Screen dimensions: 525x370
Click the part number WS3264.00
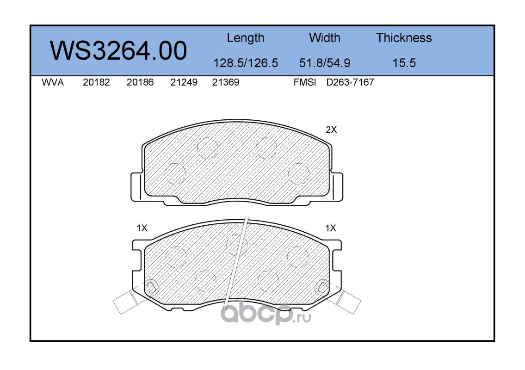tap(118, 50)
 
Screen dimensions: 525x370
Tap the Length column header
tap(246, 38)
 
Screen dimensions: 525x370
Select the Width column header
tap(324, 38)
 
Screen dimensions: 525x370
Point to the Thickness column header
tap(404, 38)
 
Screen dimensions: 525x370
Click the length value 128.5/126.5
tap(246, 63)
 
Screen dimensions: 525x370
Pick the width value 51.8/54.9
tap(324, 63)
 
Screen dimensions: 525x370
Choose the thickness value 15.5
tap(404, 63)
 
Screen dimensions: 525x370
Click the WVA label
tap(53, 82)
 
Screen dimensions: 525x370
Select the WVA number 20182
tap(96, 82)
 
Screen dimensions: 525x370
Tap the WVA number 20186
tap(140, 82)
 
